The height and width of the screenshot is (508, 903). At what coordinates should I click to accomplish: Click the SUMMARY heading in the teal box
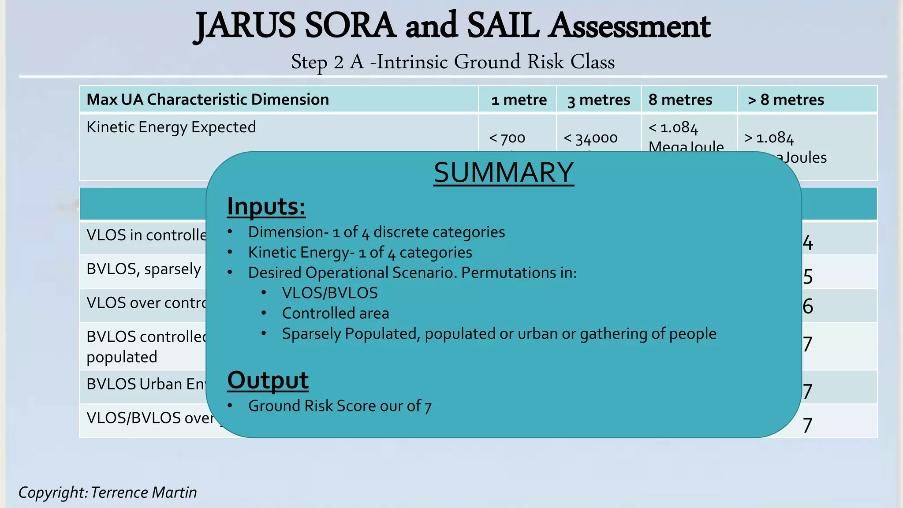(504, 172)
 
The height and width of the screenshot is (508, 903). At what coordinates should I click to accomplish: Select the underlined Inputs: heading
(266, 206)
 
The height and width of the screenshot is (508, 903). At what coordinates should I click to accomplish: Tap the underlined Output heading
(268, 380)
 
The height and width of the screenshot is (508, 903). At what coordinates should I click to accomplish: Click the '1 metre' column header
(519, 100)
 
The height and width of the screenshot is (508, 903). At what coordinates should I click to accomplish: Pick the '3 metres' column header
(599, 100)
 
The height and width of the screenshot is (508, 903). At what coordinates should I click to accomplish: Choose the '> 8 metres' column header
(786, 100)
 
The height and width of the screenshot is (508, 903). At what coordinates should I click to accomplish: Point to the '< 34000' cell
(590, 138)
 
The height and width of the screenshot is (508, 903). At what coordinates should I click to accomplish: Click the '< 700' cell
(507, 138)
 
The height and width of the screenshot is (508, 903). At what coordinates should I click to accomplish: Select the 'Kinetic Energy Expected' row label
(171, 127)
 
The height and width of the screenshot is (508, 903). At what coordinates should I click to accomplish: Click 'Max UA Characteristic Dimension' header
(208, 100)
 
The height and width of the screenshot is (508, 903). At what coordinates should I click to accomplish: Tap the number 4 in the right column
(807, 243)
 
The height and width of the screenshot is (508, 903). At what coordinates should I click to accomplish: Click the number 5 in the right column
(807, 276)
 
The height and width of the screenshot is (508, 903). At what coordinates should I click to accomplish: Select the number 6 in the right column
(807, 306)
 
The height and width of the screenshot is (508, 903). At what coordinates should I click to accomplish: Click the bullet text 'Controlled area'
(335, 313)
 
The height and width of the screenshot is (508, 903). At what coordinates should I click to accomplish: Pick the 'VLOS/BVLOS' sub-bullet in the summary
(330, 293)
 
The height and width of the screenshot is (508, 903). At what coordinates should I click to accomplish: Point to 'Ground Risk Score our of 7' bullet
(340, 406)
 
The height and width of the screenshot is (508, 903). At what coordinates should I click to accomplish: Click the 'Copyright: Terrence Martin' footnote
(108, 492)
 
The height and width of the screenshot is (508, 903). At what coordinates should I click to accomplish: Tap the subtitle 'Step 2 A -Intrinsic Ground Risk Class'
(453, 62)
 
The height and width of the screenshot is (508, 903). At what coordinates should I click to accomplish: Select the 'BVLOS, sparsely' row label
(144, 269)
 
